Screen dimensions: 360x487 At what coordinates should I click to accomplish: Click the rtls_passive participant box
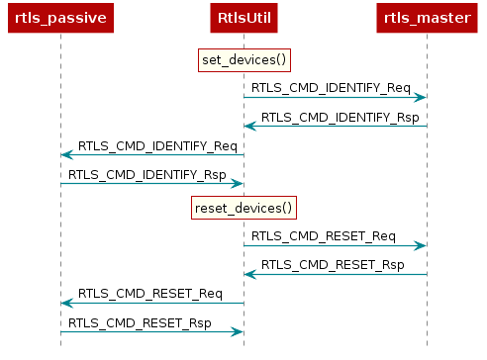tap(60, 17)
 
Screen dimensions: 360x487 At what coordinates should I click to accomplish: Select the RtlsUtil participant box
tap(243, 17)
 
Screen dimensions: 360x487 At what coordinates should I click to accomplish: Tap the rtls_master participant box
tap(427, 17)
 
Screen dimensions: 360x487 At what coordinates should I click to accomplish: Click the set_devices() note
tap(243, 60)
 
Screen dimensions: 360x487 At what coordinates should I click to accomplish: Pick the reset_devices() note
tap(243, 208)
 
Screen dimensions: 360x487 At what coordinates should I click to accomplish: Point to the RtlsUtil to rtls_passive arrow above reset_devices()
tap(151, 154)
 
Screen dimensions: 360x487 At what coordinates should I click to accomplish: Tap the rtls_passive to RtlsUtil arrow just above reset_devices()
tap(151, 183)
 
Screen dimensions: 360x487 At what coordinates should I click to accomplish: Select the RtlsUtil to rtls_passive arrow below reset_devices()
tap(151, 303)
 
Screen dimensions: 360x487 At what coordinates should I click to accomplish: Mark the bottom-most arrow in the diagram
tap(151, 331)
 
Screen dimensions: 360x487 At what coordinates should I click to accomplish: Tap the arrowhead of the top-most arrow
tap(421, 97)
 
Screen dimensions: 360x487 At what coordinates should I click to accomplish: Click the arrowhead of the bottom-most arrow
tap(238, 331)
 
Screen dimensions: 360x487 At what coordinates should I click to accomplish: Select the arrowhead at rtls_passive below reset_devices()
tap(66, 303)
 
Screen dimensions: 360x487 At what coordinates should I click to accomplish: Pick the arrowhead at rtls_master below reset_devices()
tap(421, 245)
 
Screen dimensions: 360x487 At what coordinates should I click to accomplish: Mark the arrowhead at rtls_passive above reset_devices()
tap(66, 154)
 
